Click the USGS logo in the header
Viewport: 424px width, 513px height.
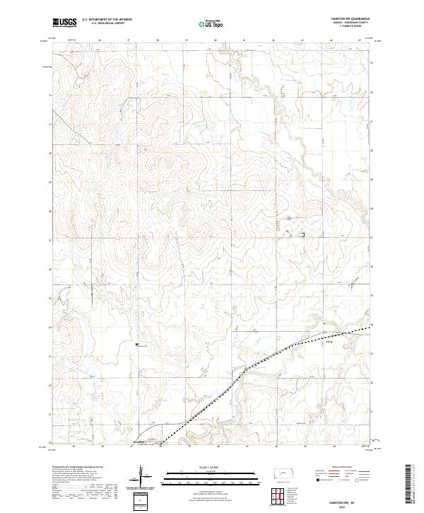65,23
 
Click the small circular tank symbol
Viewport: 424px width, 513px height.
288,217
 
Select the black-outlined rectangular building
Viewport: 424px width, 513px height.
300,234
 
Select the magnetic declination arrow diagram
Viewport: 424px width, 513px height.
141,476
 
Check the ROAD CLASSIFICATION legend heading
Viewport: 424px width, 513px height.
346,468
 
